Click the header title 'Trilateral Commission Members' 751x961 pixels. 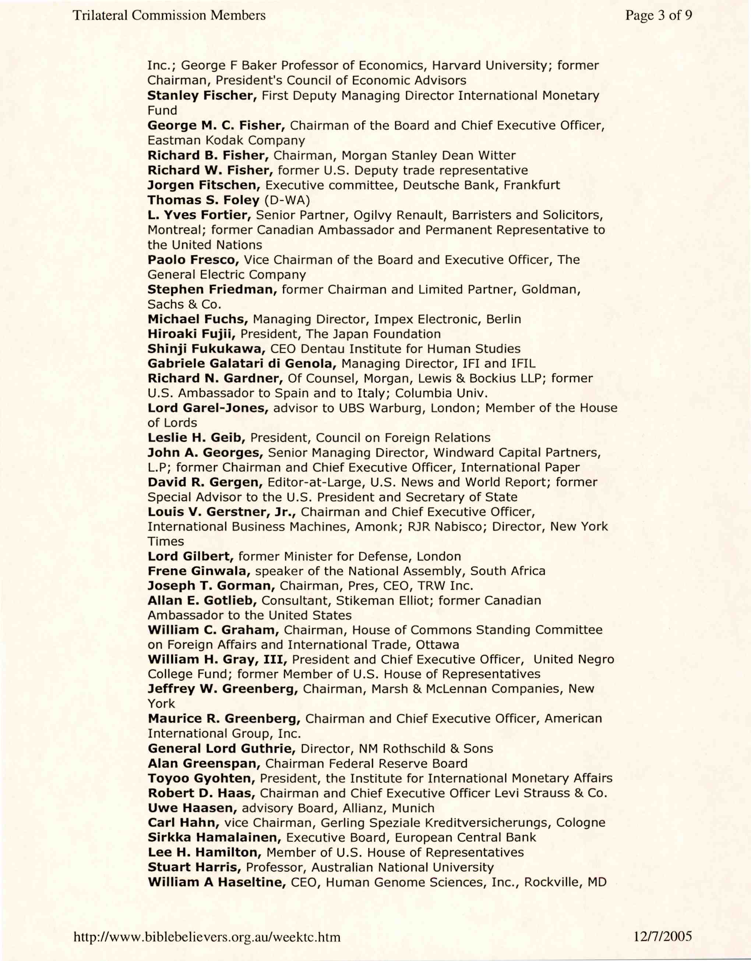click(x=169, y=16)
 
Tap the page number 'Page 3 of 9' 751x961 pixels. click(x=659, y=16)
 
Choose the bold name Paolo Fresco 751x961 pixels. click(x=193, y=260)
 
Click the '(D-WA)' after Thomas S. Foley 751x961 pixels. click(x=287, y=200)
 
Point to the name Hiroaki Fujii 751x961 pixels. click(x=191, y=334)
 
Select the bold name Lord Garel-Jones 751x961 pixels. click(x=208, y=408)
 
